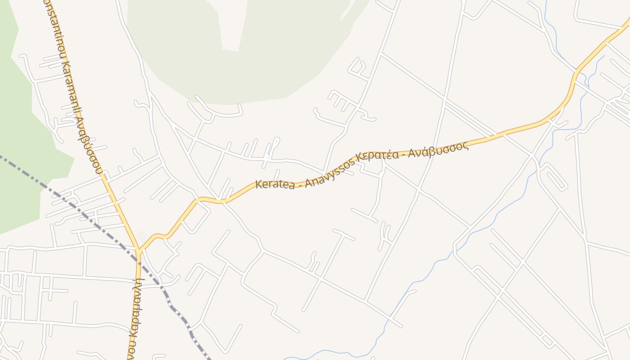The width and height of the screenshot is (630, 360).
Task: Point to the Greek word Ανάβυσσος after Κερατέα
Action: click(x=443, y=150)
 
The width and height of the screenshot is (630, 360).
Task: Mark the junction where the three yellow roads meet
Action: click(x=139, y=249)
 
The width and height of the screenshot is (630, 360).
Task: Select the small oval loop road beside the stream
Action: click(x=553, y=176)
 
